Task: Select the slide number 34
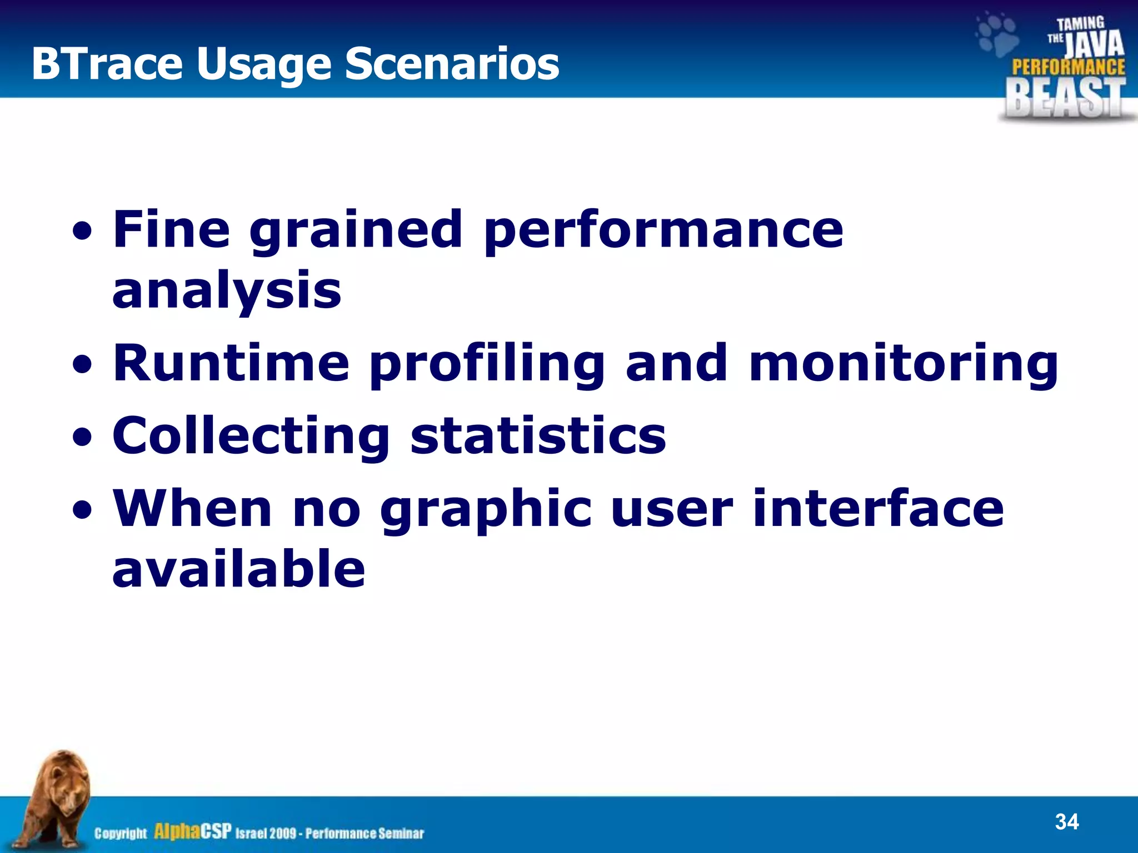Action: [1066, 821]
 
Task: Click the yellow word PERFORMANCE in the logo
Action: [1068, 67]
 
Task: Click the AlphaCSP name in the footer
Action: [192, 831]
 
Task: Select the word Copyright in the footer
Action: [121, 833]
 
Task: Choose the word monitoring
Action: [903, 364]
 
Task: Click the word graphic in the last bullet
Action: [486, 509]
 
